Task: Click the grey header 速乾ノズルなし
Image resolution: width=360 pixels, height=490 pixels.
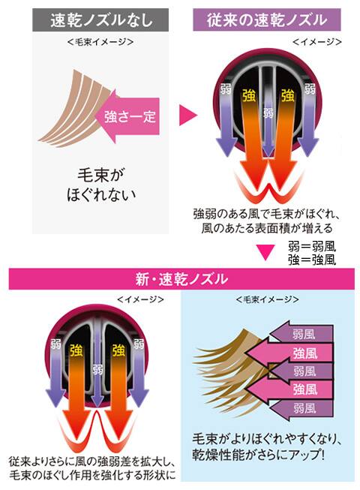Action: tap(100, 20)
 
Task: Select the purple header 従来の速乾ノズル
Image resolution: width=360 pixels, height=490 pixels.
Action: tap(267, 20)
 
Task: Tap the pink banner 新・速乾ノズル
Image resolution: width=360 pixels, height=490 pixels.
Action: tap(181, 278)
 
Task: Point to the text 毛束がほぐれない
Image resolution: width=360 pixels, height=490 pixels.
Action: tap(100, 185)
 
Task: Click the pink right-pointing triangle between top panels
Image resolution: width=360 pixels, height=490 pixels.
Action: tap(188, 116)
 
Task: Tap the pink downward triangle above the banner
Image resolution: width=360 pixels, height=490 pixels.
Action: tap(265, 252)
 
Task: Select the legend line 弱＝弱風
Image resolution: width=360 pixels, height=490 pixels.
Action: tap(312, 247)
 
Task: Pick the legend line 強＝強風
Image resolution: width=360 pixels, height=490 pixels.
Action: tap(312, 260)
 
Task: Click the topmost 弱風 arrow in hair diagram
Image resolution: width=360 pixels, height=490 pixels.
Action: tap(301, 334)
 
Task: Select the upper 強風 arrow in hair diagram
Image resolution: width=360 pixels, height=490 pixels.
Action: tap(289, 353)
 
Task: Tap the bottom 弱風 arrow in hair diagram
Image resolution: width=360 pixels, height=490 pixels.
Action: tap(301, 407)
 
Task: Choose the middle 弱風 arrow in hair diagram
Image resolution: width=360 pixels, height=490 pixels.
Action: tap(301, 371)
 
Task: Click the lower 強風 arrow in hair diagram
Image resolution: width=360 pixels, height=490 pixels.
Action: tap(289, 389)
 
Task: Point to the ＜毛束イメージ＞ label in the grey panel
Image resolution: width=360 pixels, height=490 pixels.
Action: tap(100, 42)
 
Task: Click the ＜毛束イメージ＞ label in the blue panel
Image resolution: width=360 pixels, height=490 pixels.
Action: tap(268, 299)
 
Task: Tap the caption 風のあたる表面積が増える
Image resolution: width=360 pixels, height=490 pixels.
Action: tap(267, 228)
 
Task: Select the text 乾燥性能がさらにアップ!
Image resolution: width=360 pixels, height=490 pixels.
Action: tap(259, 454)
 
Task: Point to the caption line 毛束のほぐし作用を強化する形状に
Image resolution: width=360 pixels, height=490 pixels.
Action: tap(92, 475)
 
